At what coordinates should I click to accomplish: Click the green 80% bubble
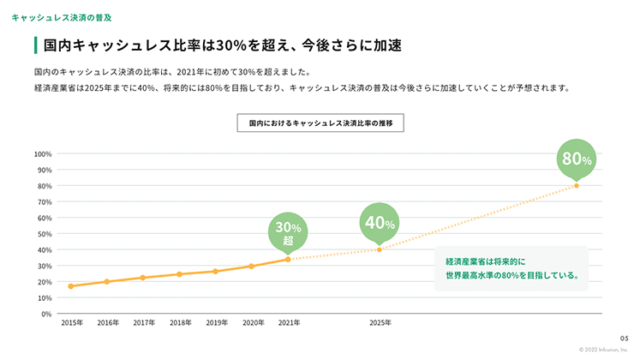(576, 159)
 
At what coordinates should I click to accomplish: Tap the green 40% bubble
(379, 223)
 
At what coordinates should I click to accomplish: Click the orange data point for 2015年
(70, 286)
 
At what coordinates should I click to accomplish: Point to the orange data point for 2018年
(179, 274)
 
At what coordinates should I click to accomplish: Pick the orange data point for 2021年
(288, 259)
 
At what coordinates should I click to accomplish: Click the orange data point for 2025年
(379, 249)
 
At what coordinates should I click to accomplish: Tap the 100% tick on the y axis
(43, 154)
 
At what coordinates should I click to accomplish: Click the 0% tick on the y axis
(46, 314)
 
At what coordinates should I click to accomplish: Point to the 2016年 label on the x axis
(108, 323)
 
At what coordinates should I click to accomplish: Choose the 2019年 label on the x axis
(217, 323)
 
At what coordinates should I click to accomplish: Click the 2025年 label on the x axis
(380, 323)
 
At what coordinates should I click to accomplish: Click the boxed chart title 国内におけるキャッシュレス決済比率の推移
(320, 123)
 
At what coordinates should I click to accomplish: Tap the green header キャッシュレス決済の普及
(61, 17)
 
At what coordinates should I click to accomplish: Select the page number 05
(624, 339)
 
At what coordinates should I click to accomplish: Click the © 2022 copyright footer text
(604, 350)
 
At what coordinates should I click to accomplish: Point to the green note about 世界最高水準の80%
(511, 268)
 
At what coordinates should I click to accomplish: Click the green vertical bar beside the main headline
(34, 45)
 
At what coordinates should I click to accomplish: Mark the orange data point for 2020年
(252, 266)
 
